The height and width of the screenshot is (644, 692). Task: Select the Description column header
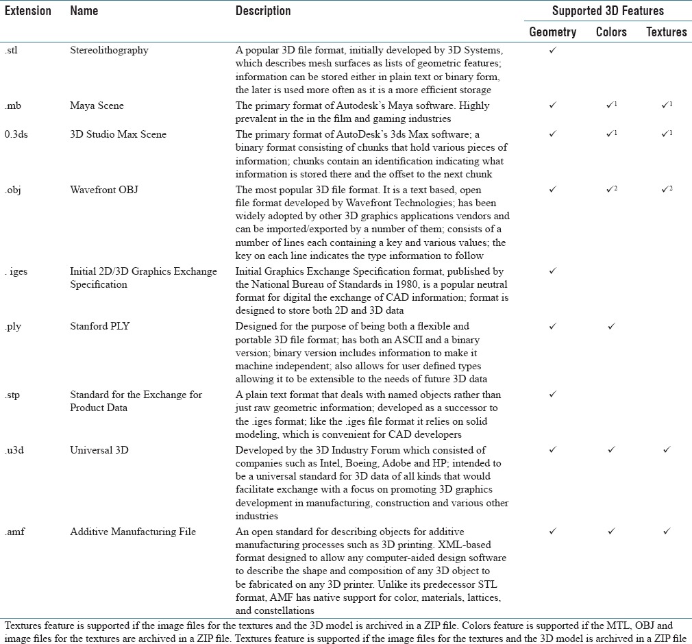click(x=263, y=11)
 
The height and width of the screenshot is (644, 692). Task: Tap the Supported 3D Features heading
click(x=608, y=11)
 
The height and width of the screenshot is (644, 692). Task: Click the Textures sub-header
click(x=666, y=32)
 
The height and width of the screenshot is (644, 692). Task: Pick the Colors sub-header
click(x=612, y=32)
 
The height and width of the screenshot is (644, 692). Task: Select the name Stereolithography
click(x=109, y=50)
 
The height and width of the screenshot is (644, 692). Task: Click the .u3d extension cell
click(x=14, y=450)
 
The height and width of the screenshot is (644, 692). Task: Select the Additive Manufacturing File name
click(x=133, y=532)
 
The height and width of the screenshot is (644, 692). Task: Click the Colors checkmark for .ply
click(x=611, y=327)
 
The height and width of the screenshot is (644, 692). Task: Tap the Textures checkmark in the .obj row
click(x=665, y=190)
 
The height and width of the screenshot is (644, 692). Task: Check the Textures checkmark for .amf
click(x=666, y=532)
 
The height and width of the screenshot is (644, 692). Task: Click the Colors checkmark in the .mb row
click(x=610, y=106)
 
